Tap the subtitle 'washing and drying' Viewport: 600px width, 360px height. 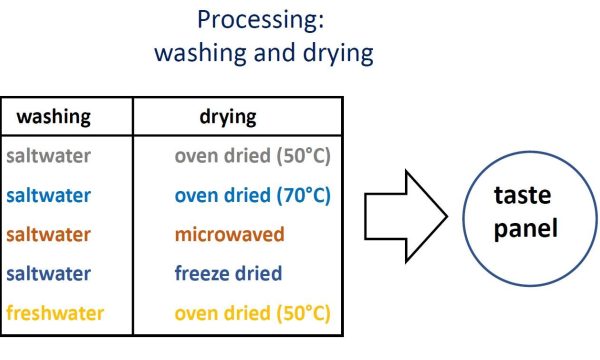point(264,52)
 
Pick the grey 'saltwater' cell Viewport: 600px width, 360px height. point(47,156)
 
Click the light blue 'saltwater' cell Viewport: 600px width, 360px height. point(47,195)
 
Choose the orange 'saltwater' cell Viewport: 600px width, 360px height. point(47,234)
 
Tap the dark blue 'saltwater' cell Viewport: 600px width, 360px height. point(47,273)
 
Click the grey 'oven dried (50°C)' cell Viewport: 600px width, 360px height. point(252,156)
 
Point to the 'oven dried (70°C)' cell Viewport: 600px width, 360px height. point(252,195)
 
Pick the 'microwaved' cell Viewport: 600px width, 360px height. point(229,234)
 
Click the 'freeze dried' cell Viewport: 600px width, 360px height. point(228,273)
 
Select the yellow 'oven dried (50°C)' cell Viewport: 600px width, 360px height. point(252,312)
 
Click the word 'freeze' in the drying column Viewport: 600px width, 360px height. point(203,273)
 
